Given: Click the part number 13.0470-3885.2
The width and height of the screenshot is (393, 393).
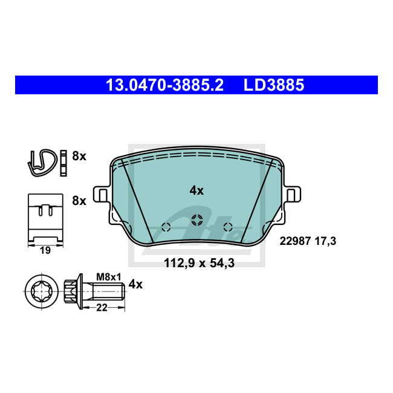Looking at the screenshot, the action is [x=164, y=85].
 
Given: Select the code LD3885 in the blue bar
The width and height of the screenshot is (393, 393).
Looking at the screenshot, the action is [x=274, y=85].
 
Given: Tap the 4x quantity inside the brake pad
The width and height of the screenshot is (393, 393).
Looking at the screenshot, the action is [x=197, y=190].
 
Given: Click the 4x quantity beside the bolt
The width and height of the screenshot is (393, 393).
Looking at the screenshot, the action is [x=135, y=285].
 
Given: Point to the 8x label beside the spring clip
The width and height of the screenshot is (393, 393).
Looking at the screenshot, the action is [x=79, y=156].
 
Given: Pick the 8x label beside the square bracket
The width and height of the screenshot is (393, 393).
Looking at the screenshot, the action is [x=79, y=201].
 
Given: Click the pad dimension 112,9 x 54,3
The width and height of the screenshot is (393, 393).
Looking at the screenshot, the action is [x=200, y=263].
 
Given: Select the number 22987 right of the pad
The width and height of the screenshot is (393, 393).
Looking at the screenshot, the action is [x=295, y=241].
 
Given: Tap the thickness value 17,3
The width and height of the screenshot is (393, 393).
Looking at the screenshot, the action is [x=325, y=241].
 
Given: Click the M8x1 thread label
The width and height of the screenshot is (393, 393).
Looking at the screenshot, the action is [x=109, y=277].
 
